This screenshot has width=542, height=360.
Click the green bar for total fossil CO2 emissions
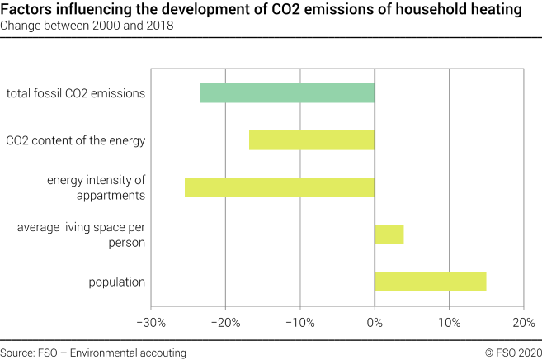[x=287, y=93]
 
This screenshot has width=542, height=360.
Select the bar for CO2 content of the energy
[x=312, y=140]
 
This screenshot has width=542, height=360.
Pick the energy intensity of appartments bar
[x=280, y=187]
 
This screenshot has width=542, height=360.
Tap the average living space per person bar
[x=389, y=234]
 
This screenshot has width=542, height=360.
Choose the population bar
[x=430, y=282]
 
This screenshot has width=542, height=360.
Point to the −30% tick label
[x=151, y=321]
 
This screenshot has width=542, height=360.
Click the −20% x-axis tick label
[x=225, y=321]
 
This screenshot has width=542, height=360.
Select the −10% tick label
[x=299, y=321]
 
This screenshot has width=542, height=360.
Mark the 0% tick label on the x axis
[x=375, y=321]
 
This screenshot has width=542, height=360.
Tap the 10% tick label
[x=449, y=321]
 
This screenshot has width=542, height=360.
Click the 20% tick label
[x=523, y=321]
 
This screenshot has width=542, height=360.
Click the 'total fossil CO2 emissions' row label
[x=76, y=93]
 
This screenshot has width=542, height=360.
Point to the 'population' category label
[x=117, y=282]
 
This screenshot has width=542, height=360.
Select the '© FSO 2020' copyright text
[x=513, y=353]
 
